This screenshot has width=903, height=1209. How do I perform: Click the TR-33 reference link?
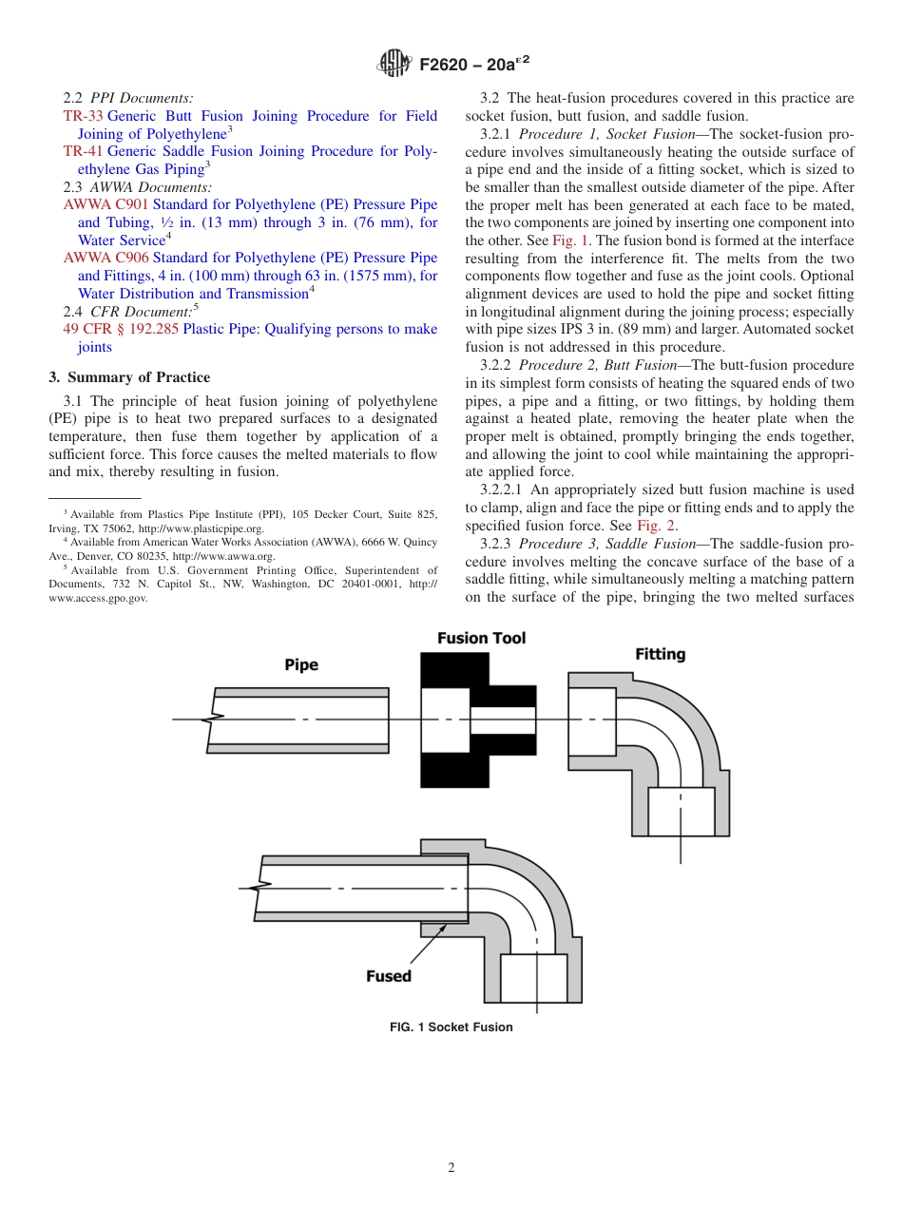tap(83, 116)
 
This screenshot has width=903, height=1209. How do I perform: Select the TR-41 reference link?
tap(83, 151)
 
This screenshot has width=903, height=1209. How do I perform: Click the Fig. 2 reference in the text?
tap(656, 526)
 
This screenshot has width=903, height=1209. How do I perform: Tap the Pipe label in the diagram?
tap(301, 665)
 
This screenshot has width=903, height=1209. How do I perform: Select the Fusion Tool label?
tap(481, 638)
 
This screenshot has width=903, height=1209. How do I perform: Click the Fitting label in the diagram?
tap(660, 654)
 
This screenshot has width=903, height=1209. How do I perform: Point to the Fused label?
tap(389, 976)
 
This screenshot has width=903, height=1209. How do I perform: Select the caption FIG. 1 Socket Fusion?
tap(451, 1027)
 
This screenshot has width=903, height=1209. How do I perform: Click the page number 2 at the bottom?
tap(451, 1168)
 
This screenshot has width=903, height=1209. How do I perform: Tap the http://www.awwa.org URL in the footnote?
tap(222, 556)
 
